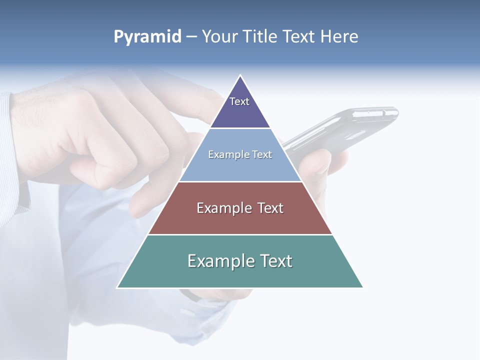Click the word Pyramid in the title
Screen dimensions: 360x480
coord(147,37)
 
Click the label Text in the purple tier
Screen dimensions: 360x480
coord(239,101)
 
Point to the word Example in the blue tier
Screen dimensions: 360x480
coord(223,155)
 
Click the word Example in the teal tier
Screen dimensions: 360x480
coord(215,261)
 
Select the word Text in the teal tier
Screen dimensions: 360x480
coord(275,261)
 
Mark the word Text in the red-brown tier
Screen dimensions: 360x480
coord(270,208)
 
